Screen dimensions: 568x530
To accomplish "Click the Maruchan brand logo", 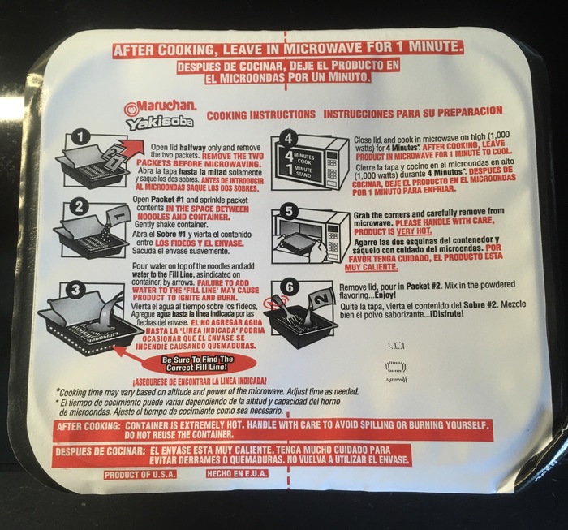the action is click(x=160, y=106).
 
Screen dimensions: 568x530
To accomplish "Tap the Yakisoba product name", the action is click(x=160, y=123).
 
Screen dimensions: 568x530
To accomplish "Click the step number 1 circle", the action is click(x=80, y=137).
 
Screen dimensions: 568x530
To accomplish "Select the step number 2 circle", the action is click(x=79, y=207).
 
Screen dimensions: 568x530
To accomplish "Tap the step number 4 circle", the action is click(x=288, y=139).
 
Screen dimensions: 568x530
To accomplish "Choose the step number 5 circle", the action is click(x=289, y=211).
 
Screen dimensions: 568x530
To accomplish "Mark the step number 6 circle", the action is click(x=290, y=287).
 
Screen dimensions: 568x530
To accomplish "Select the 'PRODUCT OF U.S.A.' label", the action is click(x=140, y=475).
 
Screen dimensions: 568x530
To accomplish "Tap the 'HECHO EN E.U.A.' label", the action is click(x=237, y=473).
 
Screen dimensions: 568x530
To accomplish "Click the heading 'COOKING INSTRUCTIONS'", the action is click(x=260, y=115).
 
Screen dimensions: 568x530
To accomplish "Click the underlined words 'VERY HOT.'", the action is click(x=414, y=231).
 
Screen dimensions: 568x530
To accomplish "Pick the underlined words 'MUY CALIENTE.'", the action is click(x=371, y=267).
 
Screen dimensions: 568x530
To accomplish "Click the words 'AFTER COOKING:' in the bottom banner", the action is click(x=88, y=426).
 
